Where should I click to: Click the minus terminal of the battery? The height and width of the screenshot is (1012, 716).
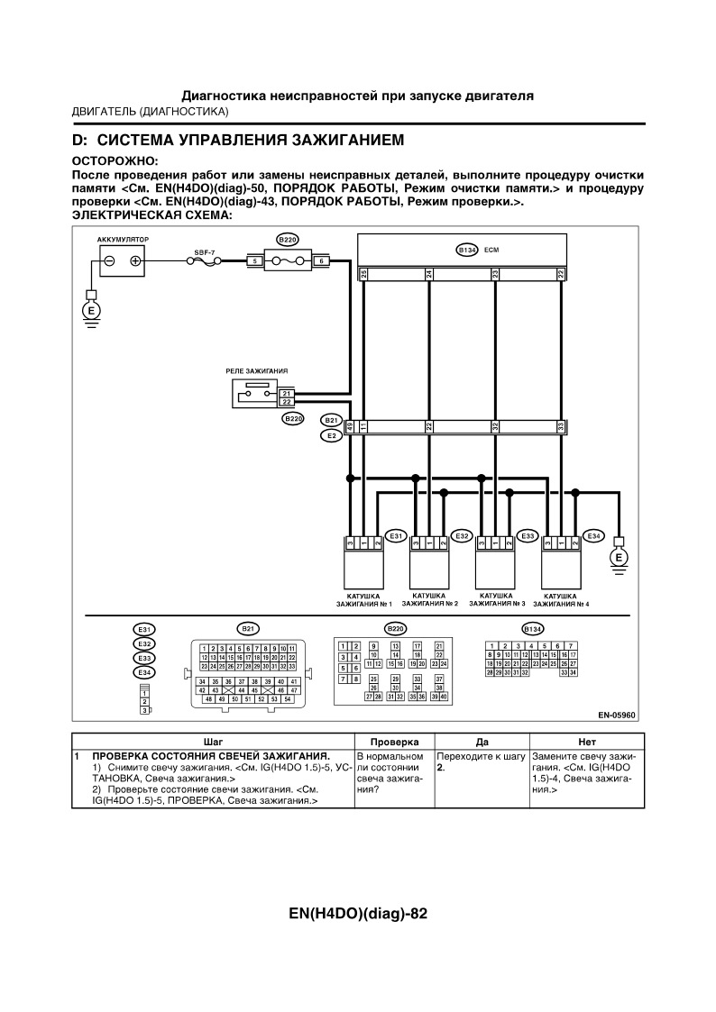coord(109,261)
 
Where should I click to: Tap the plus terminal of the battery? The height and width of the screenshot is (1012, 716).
coord(135,261)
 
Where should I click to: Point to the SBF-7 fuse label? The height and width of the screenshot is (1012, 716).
coord(204,252)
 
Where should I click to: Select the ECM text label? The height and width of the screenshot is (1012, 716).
coord(491,249)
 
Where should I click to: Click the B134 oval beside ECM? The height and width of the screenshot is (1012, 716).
coord(466,249)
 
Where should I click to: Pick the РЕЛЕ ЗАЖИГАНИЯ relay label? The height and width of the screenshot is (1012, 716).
coord(257,370)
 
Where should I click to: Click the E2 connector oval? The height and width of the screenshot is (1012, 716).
coord(331,435)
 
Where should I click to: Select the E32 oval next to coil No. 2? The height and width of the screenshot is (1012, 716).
coord(462,536)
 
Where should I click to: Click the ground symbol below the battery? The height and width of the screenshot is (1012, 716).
coord(90,312)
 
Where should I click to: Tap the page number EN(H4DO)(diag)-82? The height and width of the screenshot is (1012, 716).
coord(358,913)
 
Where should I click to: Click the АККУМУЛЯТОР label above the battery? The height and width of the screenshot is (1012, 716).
coord(123,240)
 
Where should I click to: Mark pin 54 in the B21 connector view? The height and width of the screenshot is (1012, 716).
coord(287,699)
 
